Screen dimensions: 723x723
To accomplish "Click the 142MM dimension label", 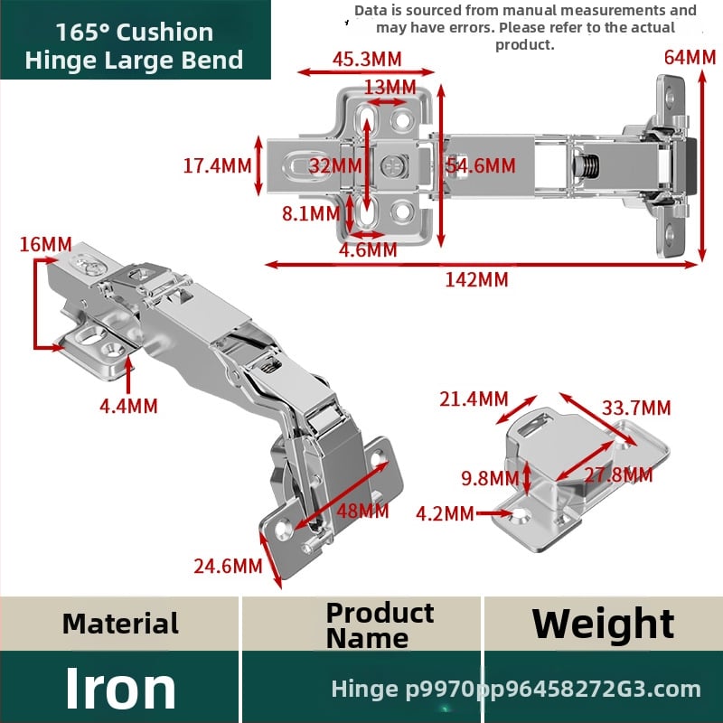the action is [476, 280].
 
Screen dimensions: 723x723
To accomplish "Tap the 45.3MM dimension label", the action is [367, 59].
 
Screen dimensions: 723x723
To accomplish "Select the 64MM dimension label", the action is [690, 58].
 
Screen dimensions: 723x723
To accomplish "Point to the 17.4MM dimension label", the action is [217, 166].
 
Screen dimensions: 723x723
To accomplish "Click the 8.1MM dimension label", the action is [311, 213].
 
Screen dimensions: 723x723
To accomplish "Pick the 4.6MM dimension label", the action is [368, 250].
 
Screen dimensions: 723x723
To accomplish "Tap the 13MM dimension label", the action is [390, 87].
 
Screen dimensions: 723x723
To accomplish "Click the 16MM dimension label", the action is [46, 244].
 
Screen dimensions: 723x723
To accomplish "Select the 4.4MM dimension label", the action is [128, 406].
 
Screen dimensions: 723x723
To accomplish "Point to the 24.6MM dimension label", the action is [228, 567].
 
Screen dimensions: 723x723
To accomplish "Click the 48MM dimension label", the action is [362, 511].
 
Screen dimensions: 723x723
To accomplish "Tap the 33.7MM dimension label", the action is [636, 408].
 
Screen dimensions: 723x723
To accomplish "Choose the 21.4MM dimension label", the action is [474, 399].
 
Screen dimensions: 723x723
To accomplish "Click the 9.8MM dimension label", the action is [490, 478].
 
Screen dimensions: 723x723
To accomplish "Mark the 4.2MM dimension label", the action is [445, 513].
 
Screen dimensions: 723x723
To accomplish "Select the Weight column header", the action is [603, 624].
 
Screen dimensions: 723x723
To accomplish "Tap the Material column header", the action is [120, 624].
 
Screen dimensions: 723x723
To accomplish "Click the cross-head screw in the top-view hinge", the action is [394, 166].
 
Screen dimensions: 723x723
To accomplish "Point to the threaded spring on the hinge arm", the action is [587, 166].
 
